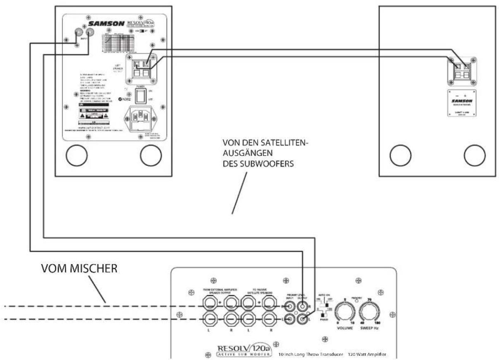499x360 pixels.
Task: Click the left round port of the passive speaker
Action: [x=399, y=156]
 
